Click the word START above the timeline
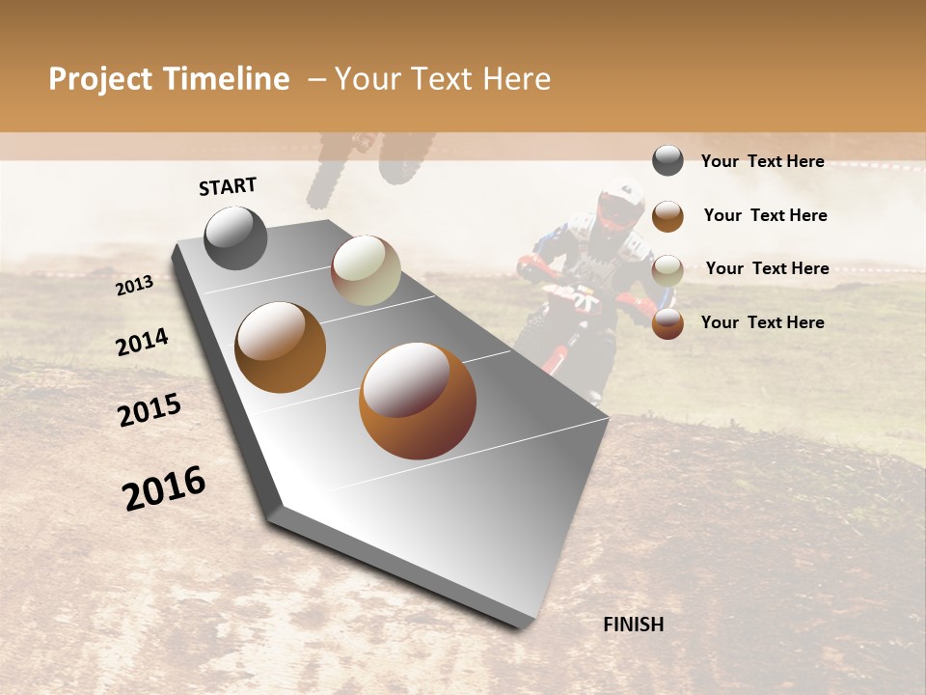pos(228,186)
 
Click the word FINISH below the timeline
pos(633,625)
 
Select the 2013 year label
pos(134,285)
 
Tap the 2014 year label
pos(142,342)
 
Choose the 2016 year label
pos(164,488)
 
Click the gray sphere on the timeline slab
pos(236,237)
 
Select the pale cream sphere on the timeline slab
pos(366,270)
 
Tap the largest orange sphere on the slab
pos(418,401)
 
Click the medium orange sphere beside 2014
pos(281,347)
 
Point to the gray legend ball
pos(667,160)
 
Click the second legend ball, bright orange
pos(667,216)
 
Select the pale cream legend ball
pos(667,270)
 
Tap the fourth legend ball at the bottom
pos(667,323)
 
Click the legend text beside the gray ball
pos(762,161)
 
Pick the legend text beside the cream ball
pos(767,268)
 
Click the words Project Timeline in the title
pos(169,79)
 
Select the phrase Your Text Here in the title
pos(442,79)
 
